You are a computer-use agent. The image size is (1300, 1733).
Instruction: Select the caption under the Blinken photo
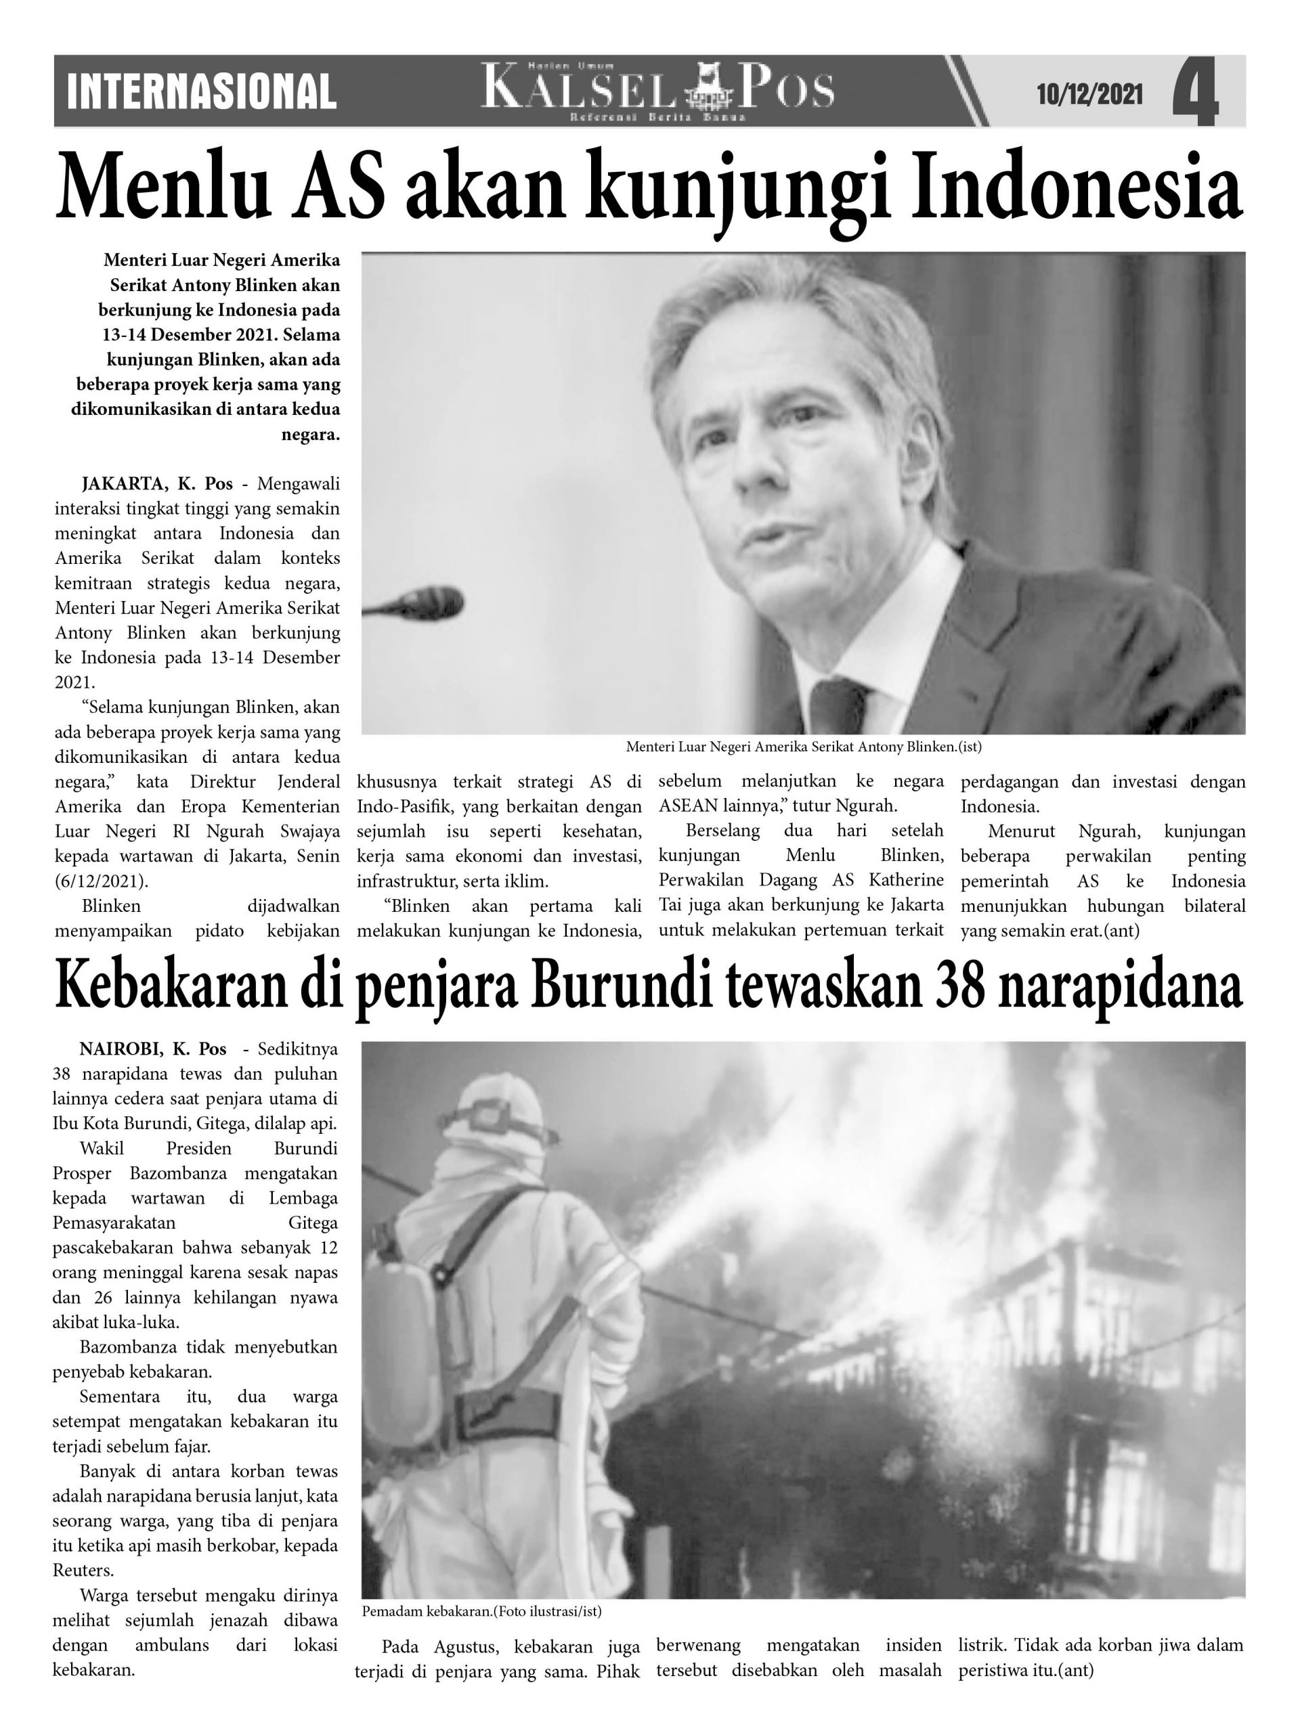point(803,747)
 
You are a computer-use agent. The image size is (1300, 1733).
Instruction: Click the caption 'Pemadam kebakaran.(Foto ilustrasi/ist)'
point(481,1612)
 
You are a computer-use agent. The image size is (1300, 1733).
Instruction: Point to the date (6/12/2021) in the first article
point(101,881)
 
